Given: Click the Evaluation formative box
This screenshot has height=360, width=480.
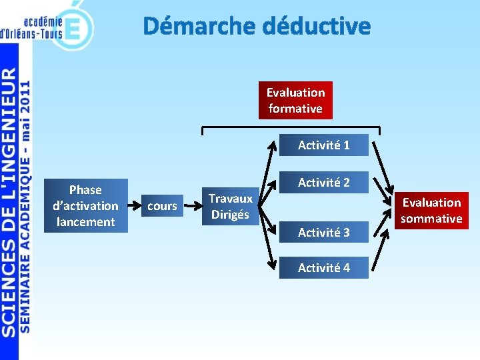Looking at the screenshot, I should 295,101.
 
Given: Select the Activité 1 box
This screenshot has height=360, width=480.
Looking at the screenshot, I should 323,145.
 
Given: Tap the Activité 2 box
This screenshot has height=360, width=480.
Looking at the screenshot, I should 323,182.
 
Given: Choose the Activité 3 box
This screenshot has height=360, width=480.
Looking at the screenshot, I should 323,232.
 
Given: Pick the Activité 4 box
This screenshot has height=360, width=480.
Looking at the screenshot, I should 323,267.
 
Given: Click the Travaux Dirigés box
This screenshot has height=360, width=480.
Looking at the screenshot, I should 230,206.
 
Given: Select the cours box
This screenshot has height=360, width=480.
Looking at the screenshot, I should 162,206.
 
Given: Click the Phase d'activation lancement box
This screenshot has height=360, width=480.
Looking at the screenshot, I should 85,206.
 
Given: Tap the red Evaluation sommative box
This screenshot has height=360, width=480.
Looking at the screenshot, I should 431,210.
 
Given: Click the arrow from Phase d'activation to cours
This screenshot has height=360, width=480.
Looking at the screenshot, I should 131,206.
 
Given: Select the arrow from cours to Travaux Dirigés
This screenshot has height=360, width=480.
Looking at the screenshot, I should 191,206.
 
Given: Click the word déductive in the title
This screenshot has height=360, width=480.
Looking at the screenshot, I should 316,26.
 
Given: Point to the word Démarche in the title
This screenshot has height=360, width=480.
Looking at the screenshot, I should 199,26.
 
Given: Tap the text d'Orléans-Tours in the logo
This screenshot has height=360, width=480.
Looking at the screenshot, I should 31,33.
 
